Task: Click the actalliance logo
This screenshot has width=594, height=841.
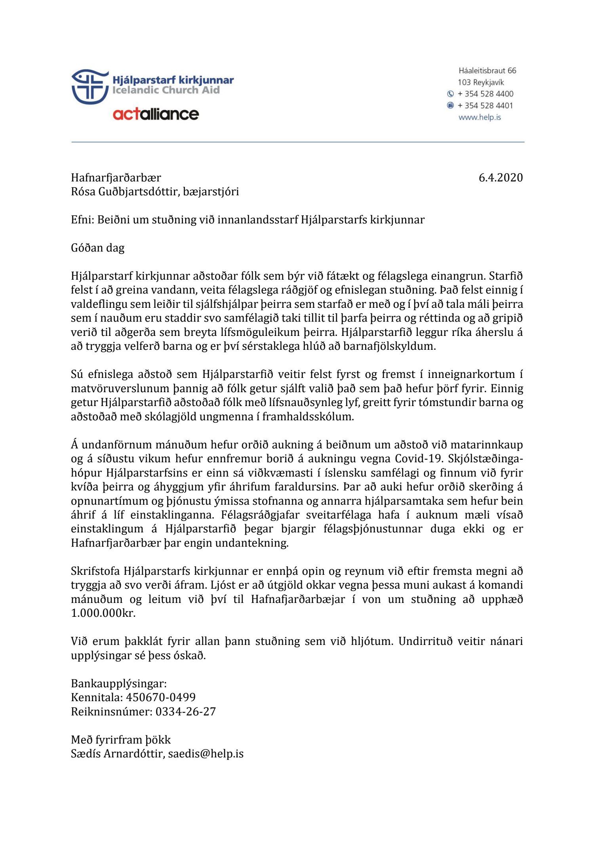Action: [156, 114]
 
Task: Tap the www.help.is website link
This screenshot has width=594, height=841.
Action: [480, 117]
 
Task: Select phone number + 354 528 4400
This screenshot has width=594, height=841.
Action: [485, 94]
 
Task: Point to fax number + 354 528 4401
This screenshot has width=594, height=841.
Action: [485, 106]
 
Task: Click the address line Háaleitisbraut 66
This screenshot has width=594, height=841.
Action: [487, 71]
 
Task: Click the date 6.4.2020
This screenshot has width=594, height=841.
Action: [501, 177]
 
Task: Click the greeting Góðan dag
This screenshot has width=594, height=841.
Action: [97, 248]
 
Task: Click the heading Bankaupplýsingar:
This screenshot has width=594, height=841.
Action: [119, 683]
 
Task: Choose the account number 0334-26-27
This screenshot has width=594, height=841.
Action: [186, 711]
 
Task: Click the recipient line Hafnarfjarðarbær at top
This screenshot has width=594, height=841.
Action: [116, 177]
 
